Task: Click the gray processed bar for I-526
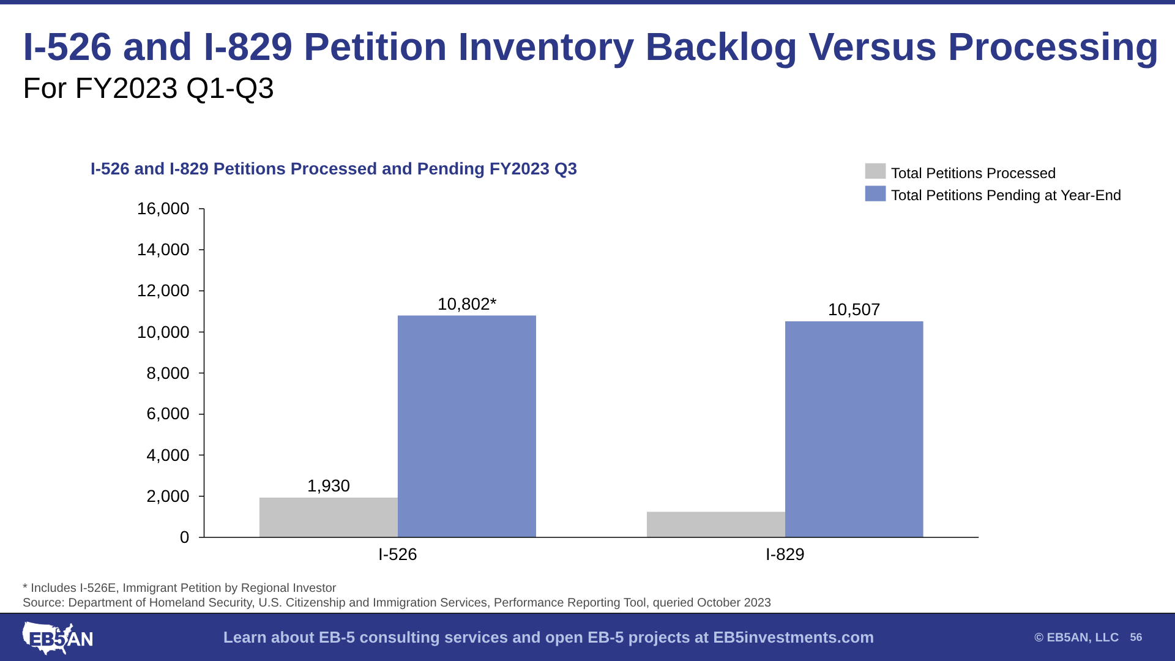(x=329, y=517)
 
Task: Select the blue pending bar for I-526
(x=467, y=427)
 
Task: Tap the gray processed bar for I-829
(x=716, y=525)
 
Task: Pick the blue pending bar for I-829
(x=854, y=429)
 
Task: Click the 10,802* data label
(x=467, y=304)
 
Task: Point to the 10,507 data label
(x=854, y=310)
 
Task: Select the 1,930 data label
(x=329, y=486)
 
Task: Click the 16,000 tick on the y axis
(x=163, y=209)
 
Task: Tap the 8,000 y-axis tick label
(x=168, y=373)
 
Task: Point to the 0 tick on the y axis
(x=185, y=537)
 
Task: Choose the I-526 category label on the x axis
(x=398, y=555)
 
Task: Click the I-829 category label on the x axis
(x=785, y=555)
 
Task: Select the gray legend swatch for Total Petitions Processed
(x=875, y=171)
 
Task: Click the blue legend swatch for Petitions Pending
(x=875, y=193)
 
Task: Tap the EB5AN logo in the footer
(x=58, y=638)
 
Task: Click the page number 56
(x=1136, y=638)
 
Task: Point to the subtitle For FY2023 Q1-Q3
(x=149, y=88)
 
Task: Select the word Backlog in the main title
(x=721, y=47)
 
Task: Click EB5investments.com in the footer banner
(x=794, y=638)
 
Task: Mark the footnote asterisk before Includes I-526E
(x=25, y=586)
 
